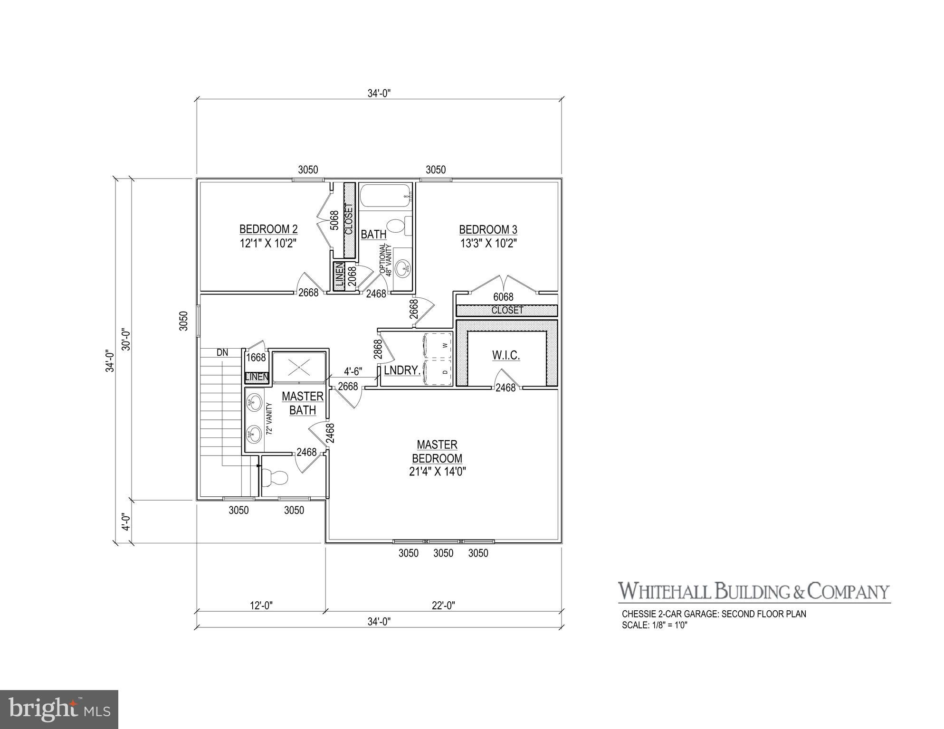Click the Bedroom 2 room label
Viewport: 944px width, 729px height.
pos(268,229)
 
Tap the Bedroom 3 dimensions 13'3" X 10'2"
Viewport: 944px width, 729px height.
pos(488,244)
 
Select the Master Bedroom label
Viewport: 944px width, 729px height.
pos(437,451)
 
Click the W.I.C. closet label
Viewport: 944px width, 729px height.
pos(505,355)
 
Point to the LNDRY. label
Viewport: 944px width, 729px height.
pos(402,370)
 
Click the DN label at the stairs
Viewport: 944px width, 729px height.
pos(222,353)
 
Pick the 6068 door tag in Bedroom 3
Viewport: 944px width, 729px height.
pos(503,297)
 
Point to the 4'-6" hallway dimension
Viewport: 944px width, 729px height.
pos(353,372)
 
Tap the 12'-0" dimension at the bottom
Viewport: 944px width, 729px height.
pos(261,606)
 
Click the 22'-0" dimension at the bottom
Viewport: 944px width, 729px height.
pos(444,606)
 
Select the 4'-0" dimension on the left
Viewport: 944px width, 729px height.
pos(125,521)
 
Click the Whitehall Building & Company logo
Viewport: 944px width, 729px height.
pos(753,592)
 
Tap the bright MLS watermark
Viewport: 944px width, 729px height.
pos(59,709)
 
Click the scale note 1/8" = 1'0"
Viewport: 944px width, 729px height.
pos(655,625)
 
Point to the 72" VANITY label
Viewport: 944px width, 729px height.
pos(269,419)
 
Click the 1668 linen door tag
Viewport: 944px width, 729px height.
pos(257,357)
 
